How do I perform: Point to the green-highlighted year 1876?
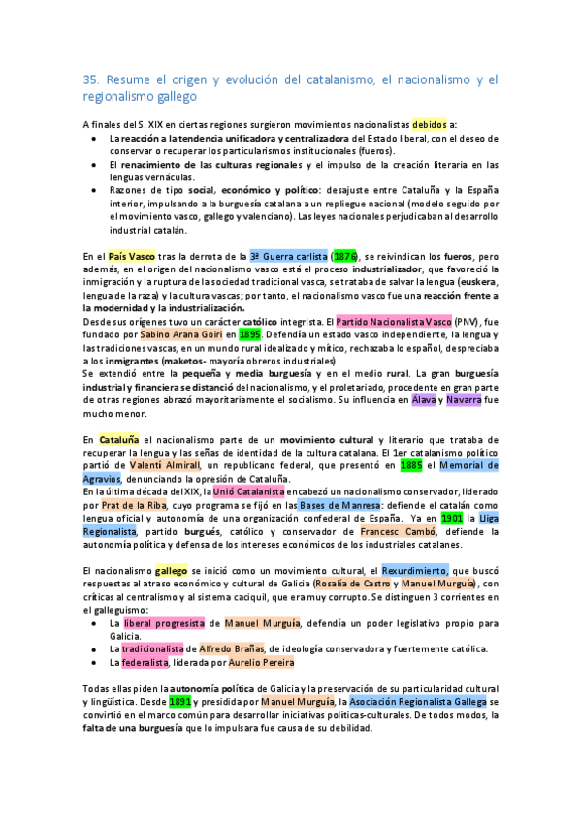(x=343, y=256)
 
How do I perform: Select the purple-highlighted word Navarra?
(x=464, y=398)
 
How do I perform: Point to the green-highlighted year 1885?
(x=411, y=465)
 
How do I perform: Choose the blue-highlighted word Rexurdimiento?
(x=415, y=571)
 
